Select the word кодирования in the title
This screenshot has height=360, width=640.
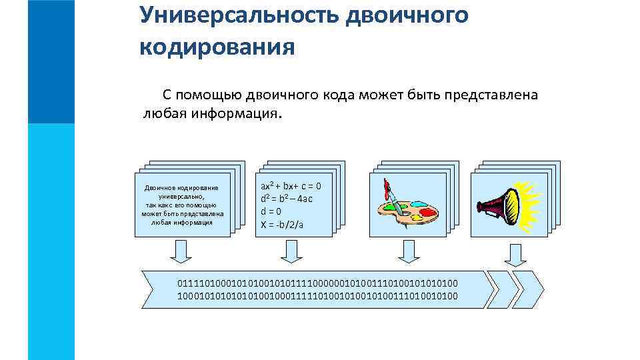[x=217, y=47]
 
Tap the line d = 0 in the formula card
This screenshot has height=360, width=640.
[x=271, y=212]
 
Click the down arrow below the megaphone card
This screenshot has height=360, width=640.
[x=514, y=253]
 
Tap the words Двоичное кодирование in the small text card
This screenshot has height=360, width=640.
[x=181, y=188]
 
